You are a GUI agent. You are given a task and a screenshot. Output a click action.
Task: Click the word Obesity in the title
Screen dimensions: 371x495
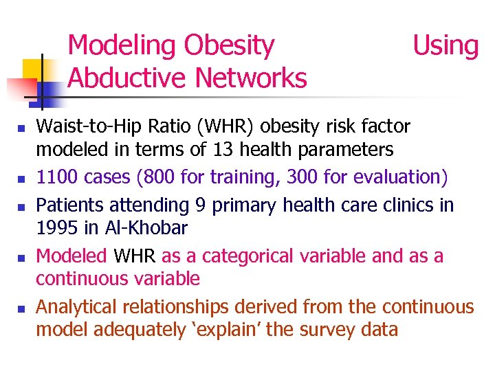(229, 46)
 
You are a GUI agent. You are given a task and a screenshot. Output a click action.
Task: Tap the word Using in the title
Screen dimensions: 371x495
(445, 46)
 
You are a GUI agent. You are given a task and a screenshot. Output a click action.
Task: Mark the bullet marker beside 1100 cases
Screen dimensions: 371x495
(22, 179)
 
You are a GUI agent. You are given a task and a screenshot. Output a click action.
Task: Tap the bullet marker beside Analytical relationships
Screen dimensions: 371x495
(22, 308)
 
